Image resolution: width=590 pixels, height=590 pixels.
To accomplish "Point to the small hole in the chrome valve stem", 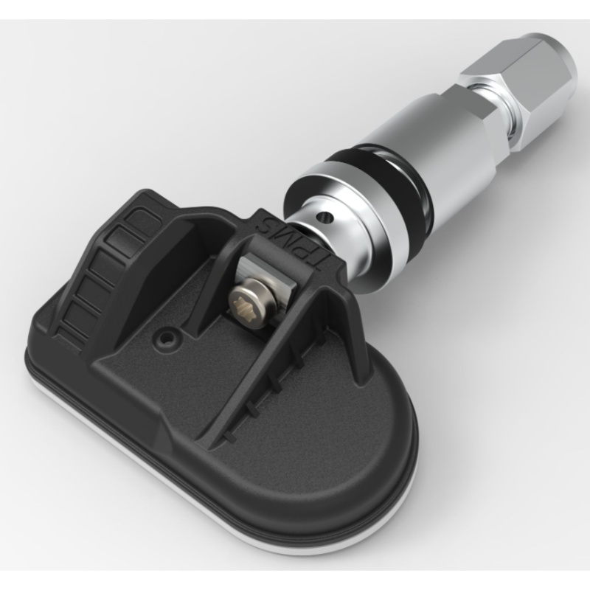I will [322, 215].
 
